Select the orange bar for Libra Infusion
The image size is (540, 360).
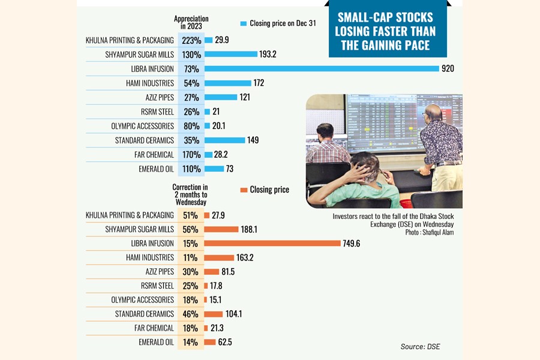tap(272, 244)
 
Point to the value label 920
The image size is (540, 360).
tap(448, 68)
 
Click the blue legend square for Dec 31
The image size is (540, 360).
tap(243, 23)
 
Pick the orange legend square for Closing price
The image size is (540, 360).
tap(244, 190)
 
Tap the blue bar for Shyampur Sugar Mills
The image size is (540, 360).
tap(230, 54)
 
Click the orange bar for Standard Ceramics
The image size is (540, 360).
tap(214, 314)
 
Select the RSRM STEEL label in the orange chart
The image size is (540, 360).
tap(157, 286)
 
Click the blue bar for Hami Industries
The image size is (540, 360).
tap(227, 83)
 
